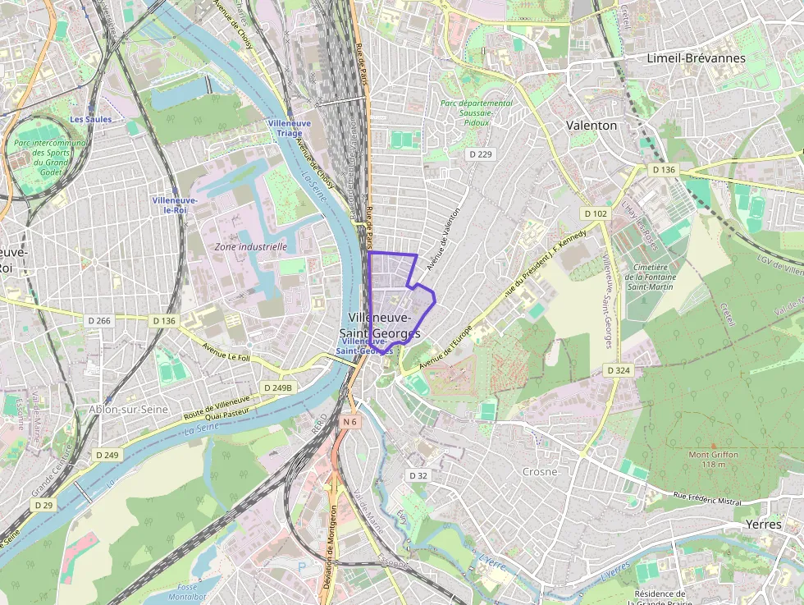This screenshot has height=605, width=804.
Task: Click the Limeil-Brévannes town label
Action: point(696,58)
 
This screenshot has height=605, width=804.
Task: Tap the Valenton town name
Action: point(592,126)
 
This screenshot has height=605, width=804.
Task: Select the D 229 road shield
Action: point(480,154)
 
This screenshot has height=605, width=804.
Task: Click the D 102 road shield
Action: point(596,213)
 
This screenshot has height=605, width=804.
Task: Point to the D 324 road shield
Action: point(619,371)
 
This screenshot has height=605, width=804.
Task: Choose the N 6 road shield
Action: point(350,421)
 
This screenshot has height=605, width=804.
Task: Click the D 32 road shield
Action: point(418,475)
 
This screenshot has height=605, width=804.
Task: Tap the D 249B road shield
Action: point(278,387)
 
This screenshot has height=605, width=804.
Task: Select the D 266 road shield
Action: point(98,321)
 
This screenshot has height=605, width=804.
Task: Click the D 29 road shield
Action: point(44,505)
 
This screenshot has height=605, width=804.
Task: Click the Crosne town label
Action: point(540,472)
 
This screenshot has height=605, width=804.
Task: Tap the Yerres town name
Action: point(764,524)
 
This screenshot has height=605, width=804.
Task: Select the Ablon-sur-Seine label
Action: point(131,409)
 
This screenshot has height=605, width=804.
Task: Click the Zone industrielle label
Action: point(250,246)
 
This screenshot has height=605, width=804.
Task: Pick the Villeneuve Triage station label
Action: point(289,127)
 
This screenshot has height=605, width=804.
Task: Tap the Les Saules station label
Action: point(90,120)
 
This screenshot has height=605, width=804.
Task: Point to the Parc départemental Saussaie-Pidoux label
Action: point(476,112)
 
